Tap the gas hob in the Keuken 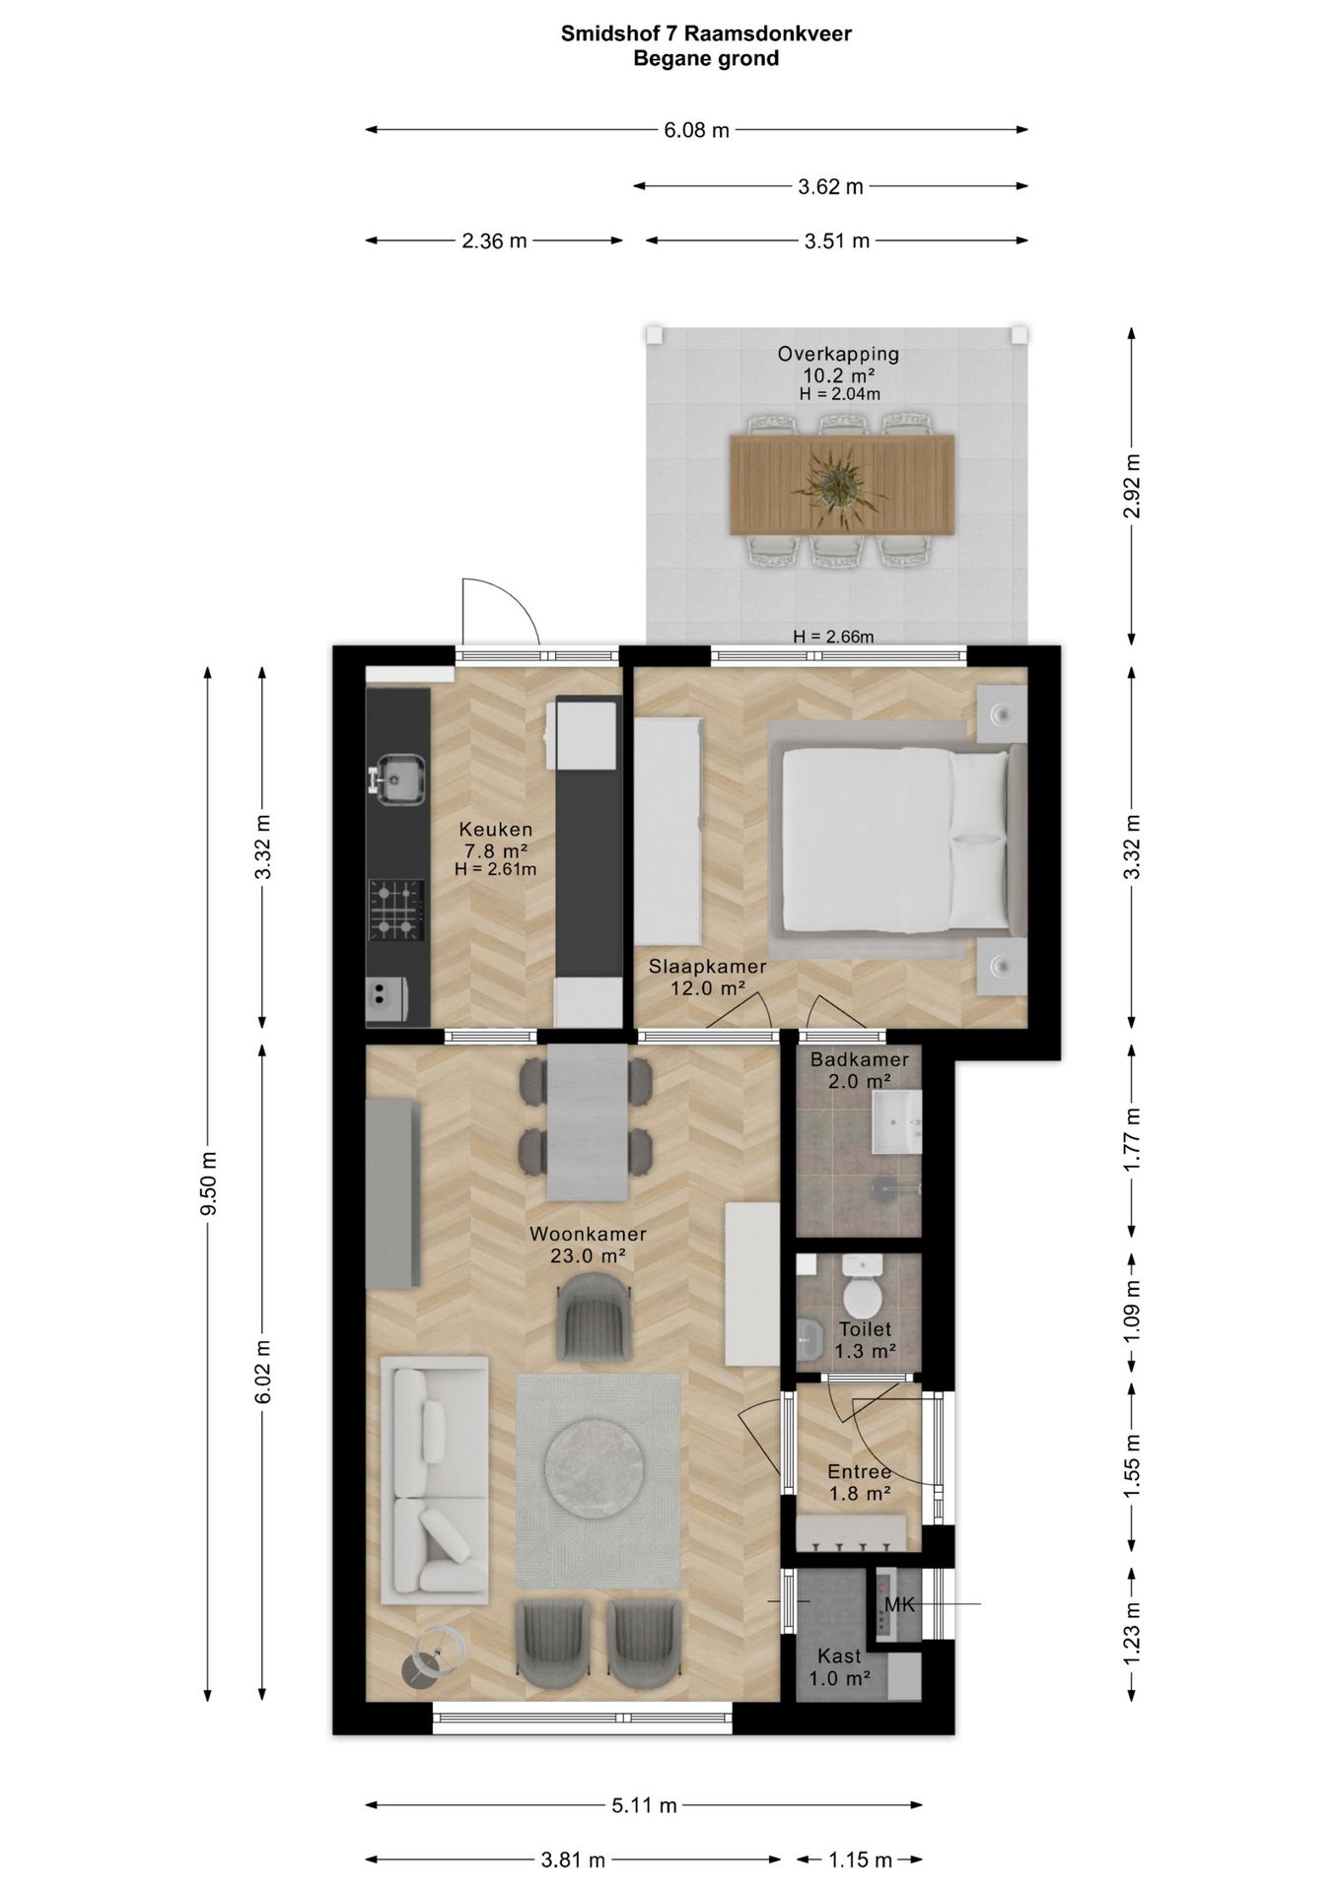click(397, 910)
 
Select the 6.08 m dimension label click(696, 129)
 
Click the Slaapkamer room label click(707, 967)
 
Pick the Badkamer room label click(860, 1059)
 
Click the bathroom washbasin click(896, 1120)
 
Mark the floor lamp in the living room click(434, 1656)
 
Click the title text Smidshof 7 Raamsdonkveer click(706, 34)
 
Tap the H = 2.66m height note click(833, 637)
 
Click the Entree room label click(860, 1472)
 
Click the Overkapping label click(838, 354)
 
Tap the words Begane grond click(706, 59)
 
